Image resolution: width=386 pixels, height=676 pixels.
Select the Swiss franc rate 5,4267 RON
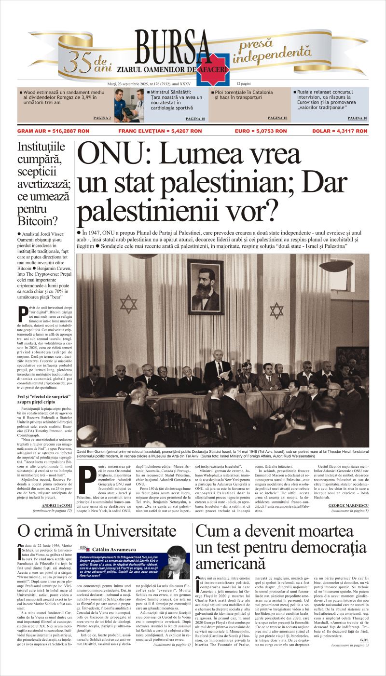pos(160,131)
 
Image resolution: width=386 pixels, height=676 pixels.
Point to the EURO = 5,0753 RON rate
pos(261,131)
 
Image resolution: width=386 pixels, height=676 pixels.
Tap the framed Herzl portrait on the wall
pos(206,286)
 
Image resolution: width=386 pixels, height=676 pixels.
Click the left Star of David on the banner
pos(129,304)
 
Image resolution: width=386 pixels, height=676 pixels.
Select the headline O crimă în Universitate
pos(96,531)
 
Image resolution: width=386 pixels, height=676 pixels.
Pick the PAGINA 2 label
pos(102,118)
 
